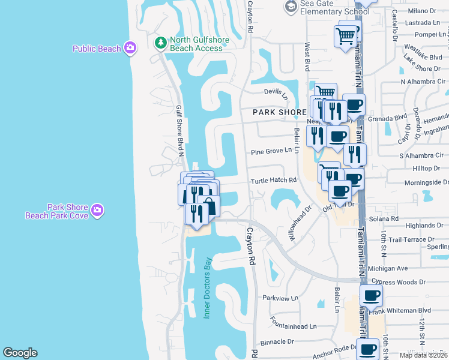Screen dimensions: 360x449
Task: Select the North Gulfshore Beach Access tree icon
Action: [x=160, y=43]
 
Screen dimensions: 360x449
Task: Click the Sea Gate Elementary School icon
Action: [x=291, y=7]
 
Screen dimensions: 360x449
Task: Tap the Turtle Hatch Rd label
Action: [x=274, y=180]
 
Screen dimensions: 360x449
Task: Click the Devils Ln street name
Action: [x=276, y=92]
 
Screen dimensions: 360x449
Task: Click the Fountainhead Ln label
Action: [x=293, y=326]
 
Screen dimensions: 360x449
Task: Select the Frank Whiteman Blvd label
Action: [x=400, y=310]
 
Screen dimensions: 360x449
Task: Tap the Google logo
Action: [x=20, y=353]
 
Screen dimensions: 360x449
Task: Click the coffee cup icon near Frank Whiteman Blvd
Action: [x=372, y=295]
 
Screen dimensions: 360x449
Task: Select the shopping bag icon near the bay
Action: [x=209, y=205]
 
